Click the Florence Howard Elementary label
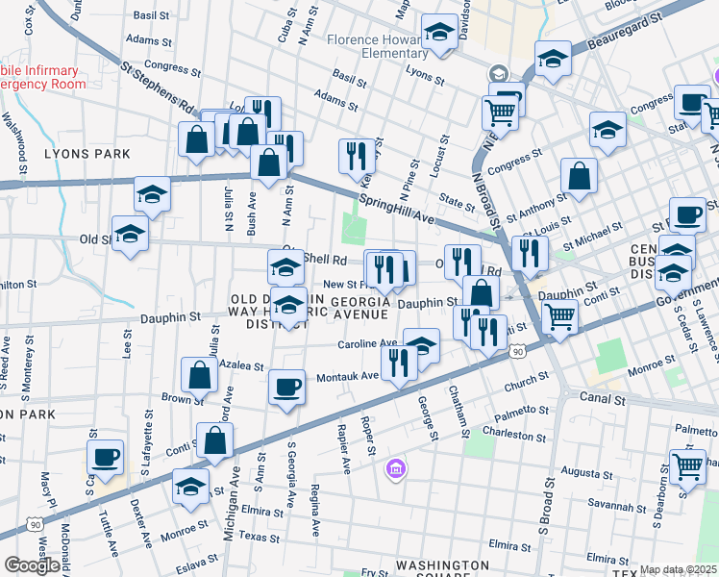tap(374, 47)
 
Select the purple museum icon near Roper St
tap(394, 469)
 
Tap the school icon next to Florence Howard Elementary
tap(440, 36)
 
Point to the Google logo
tap(32, 565)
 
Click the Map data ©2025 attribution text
tap(678, 570)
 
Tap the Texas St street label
tap(258, 536)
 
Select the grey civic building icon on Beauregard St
tap(498, 73)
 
